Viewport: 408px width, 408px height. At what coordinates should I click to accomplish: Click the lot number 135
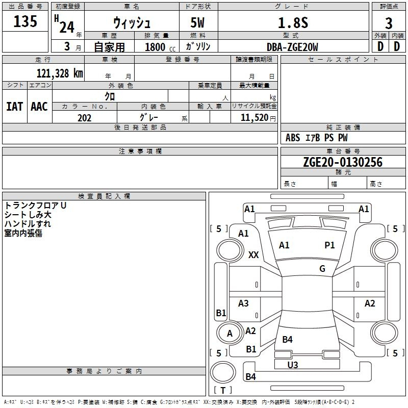click(x=25, y=21)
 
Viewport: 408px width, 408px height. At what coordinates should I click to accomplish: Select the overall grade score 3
click(x=389, y=23)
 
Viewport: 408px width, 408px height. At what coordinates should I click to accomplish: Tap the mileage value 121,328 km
click(x=60, y=73)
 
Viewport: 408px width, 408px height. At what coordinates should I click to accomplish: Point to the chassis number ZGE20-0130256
click(x=343, y=162)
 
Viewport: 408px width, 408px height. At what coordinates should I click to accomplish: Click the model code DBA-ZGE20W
click(x=292, y=47)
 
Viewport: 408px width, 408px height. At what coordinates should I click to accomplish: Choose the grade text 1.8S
click(x=293, y=22)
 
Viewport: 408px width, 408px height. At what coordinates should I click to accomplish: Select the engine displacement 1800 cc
click(x=160, y=47)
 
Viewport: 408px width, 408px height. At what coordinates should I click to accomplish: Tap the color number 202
click(x=84, y=118)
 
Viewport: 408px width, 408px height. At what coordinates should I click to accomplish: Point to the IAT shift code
click(x=15, y=107)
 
